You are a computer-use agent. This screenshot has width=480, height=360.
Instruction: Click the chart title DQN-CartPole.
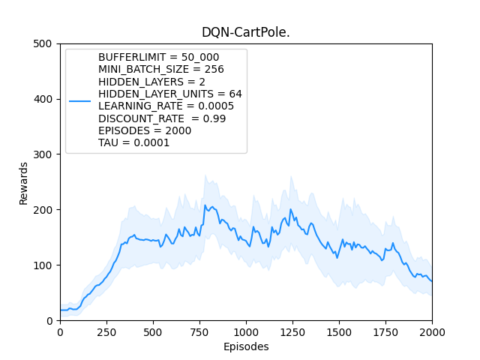(x=245, y=32)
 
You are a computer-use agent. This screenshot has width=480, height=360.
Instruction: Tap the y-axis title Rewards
(x=23, y=182)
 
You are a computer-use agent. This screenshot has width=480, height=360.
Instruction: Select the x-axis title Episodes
(x=245, y=347)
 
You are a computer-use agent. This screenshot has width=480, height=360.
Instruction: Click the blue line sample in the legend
(x=79, y=100)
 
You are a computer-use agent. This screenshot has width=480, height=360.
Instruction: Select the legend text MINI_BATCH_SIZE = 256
(x=161, y=69)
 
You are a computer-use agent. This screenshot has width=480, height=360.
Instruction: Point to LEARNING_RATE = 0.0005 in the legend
(x=166, y=106)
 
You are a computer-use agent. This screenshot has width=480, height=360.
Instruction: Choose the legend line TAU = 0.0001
(x=133, y=142)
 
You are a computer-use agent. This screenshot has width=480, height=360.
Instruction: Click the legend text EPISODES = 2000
(x=145, y=130)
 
